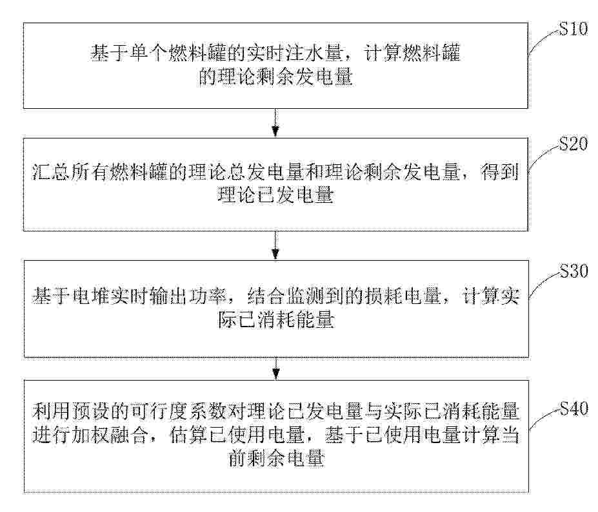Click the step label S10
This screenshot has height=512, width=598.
tap(573, 28)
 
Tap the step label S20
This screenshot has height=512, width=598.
tap(573, 144)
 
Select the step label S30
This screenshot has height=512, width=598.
tap(573, 271)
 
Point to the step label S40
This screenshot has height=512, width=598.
tap(573, 408)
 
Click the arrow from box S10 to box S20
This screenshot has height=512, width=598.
tap(275, 122)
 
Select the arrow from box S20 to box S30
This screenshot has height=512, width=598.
tap(275, 245)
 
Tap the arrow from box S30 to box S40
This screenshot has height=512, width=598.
tap(275, 368)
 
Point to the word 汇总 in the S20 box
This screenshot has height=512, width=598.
tap(51, 173)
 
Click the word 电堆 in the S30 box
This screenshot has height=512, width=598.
tap(90, 296)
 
